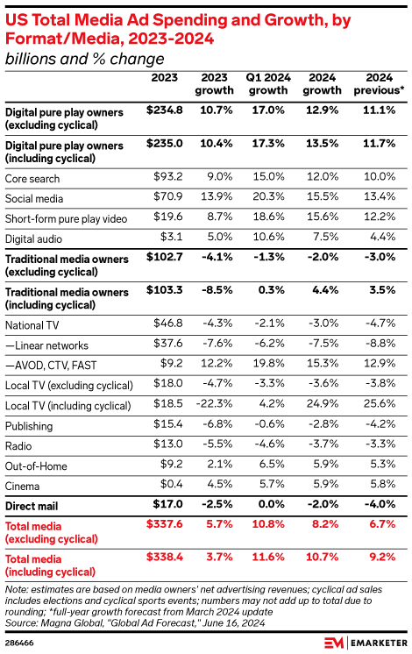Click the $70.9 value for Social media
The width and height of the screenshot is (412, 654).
coord(166,199)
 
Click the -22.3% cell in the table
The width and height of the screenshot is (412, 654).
coord(216,406)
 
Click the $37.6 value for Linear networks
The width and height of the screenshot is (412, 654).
coord(166,345)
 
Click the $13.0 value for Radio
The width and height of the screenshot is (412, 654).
coord(166,446)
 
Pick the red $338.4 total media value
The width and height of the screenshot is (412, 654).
coord(162,558)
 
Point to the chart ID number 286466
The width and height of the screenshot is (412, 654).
coord(19,641)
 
